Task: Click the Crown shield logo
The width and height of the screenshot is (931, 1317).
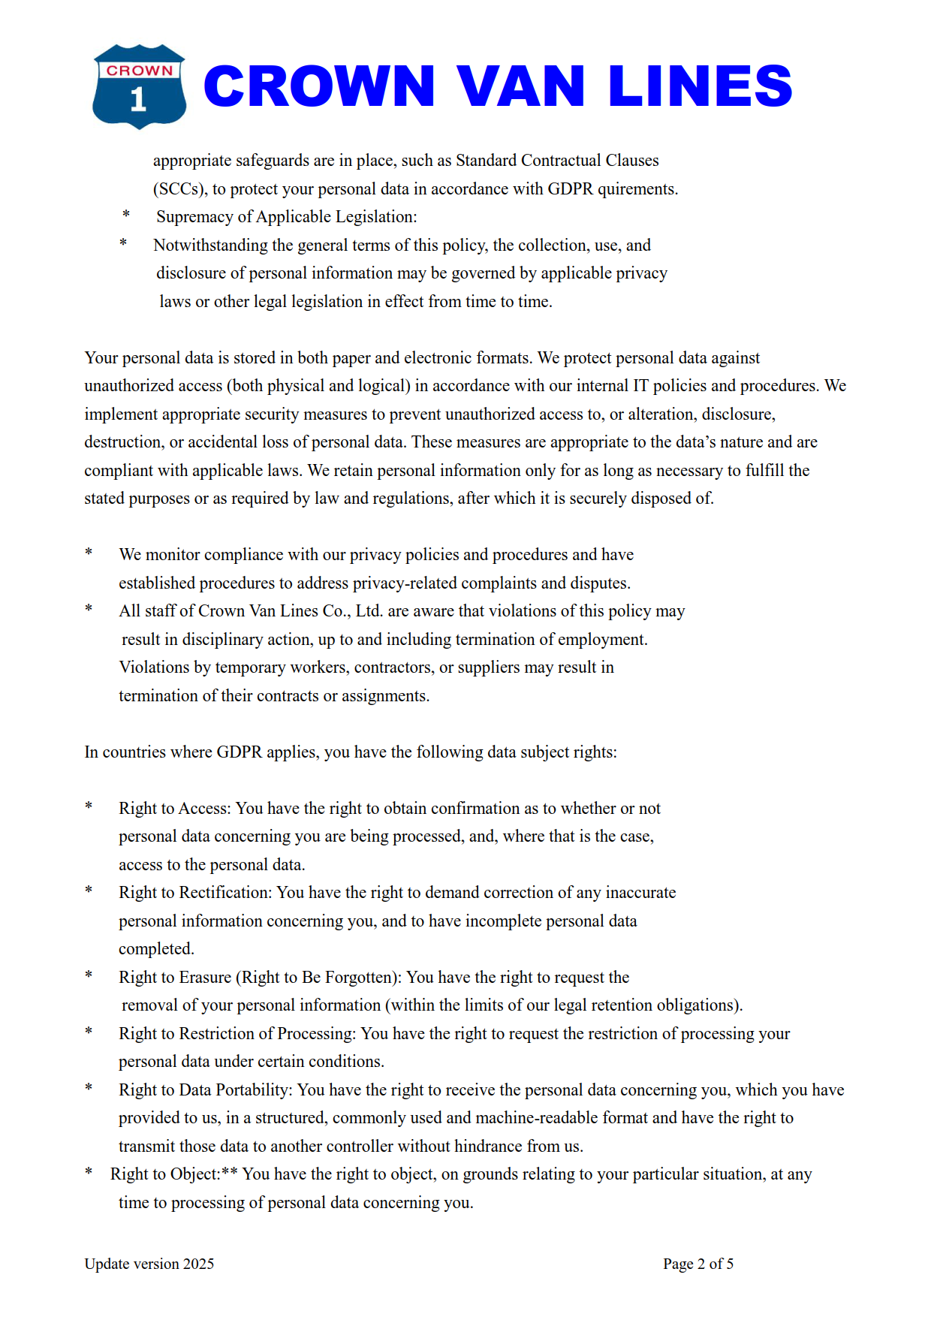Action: (x=139, y=86)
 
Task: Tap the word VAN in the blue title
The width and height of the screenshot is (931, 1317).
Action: (x=520, y=86)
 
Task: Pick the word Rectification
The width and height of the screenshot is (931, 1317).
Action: (x=226, y=893)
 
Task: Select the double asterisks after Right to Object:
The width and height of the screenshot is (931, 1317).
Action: (x=230, y=1173)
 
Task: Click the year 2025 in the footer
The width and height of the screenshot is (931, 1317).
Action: (x=198, y=1264)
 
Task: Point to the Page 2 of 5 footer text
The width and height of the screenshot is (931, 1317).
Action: (x=697, y=1264)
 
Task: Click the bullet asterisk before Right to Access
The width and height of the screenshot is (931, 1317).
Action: (x=89, y=807)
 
